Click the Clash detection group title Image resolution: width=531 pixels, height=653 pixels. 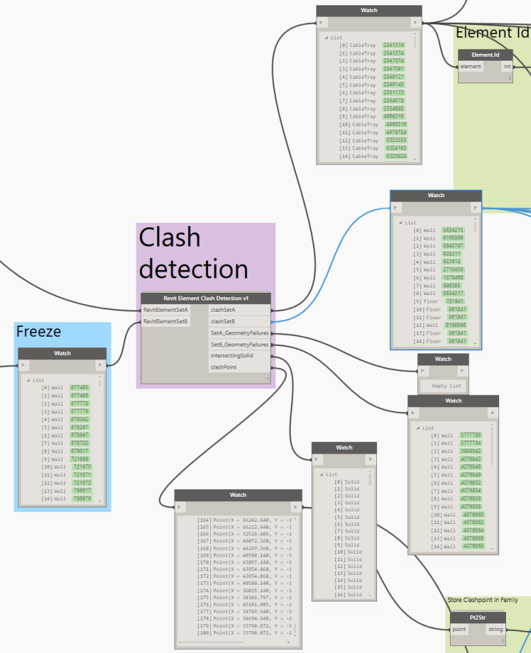click(x=193, y=253)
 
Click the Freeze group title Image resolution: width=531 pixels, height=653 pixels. click(x=39, y=331)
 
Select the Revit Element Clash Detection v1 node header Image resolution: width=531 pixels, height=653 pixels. click(x=205, y=298)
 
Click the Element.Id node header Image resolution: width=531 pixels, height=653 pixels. click(x=485, y=55)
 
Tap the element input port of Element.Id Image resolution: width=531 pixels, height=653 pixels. click(x=472, y=67)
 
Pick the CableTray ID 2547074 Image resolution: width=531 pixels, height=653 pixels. click(x=394, y=61)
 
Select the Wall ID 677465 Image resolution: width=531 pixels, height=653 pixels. click(x=79, y=388)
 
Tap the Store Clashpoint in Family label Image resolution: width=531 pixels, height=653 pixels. click(x=482, y=601)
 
